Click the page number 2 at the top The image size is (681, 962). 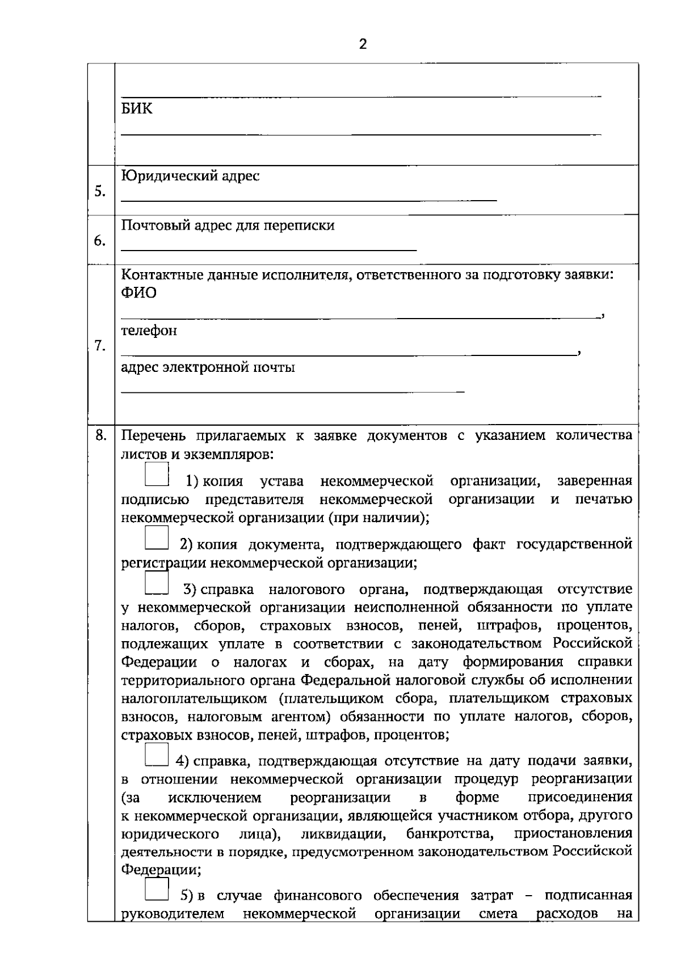point(363,45)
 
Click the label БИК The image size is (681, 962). point(137,109)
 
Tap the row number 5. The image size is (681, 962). point(100,192)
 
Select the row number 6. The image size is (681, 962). point(100,241)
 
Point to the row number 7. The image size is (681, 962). point(100,346)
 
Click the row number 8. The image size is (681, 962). point(100,435)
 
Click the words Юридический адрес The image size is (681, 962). point(191,176)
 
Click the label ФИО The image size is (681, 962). point(138,293)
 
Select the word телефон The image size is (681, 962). point(149,330)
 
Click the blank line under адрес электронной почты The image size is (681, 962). point(292,392)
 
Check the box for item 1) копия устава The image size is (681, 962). point(157,475)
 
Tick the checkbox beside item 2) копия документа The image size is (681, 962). point(157,537)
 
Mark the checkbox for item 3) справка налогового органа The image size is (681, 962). point(157,583)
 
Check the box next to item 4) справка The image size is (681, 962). point(157,755)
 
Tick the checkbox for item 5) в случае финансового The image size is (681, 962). point(157,889)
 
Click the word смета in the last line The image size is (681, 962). point(498,914)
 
